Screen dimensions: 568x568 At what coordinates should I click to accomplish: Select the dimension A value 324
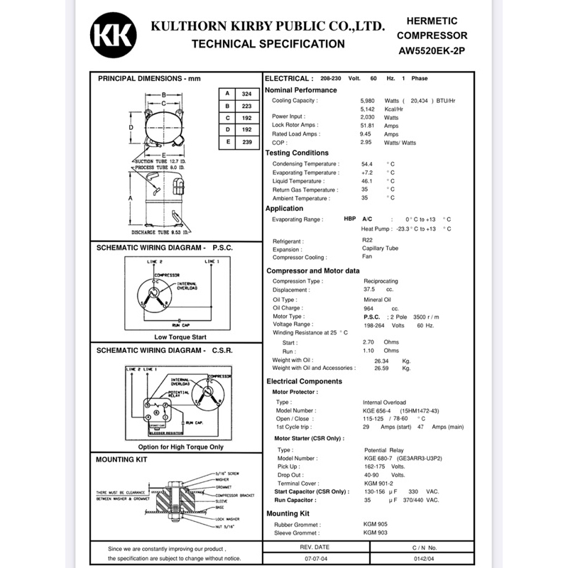(x=246, y=94)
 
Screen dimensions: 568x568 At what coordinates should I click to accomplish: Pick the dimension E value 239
(x=246, y=142)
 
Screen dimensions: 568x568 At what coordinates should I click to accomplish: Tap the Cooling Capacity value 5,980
(x=368, y=101)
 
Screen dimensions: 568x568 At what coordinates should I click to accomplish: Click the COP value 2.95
(x=367, y=142)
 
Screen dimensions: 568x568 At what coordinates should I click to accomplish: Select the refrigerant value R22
(x=367, y=241)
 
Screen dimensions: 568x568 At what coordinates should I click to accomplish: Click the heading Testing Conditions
(x=297, y=153)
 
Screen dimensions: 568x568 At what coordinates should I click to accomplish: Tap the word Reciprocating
(x=381, y=281)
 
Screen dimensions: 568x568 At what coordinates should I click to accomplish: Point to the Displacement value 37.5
(x=369, y=290)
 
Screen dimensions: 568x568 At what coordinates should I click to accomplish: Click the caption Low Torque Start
(x=180, y=337)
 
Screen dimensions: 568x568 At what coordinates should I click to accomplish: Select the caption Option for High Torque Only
(x=180, y=447)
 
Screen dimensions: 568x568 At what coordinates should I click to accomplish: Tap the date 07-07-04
(x=315, y=559)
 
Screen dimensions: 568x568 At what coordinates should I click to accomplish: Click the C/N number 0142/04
(x=424, y=559)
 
